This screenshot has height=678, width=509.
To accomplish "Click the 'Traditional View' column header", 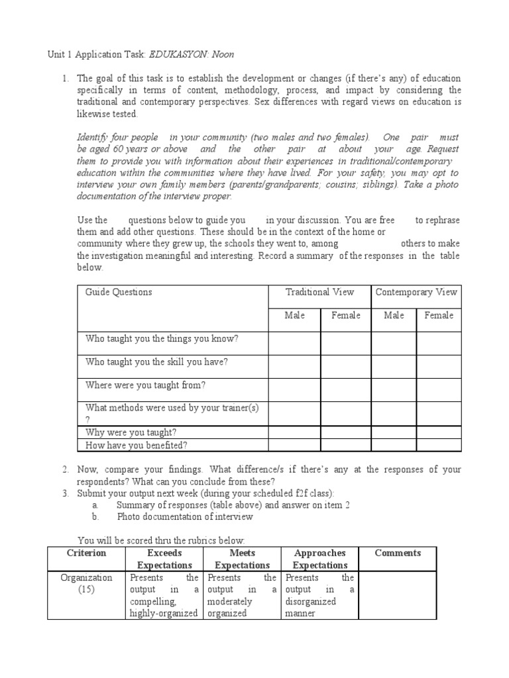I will [319, 292].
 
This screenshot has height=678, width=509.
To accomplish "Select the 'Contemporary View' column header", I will [416, 292].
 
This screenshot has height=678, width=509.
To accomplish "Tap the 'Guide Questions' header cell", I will [119, 292].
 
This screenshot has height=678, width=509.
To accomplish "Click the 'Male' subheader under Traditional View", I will [294, 315].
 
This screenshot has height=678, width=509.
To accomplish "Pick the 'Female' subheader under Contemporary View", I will [439, 315].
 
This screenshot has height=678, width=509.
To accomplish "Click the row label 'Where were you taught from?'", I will [146, 385].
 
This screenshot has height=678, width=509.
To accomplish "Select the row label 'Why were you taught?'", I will [131, 432].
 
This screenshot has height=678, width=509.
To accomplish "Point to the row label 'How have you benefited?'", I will [137, 445].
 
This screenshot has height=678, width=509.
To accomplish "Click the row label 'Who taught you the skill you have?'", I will [157, 362].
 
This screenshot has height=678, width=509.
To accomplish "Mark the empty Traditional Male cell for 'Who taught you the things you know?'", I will [294, 343].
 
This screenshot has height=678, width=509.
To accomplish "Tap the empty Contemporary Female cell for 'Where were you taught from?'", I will [439, 389].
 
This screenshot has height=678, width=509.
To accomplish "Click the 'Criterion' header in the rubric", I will [86, 553].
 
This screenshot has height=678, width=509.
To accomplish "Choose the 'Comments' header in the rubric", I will [397, 553].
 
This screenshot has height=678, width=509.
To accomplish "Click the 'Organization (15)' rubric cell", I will [86, 583].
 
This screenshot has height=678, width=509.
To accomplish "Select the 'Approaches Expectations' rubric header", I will [319, 559].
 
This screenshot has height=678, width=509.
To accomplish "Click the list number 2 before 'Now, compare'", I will [66, 469].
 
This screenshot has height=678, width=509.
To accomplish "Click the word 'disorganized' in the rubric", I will [310, 601].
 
